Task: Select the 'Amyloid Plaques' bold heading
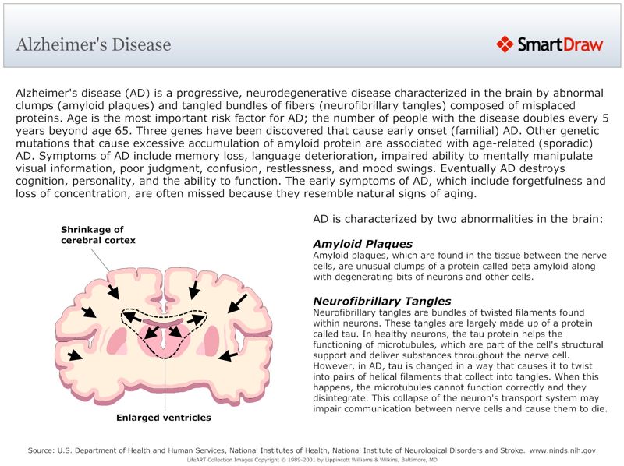click(363, 244)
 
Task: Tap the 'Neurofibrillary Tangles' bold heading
click(381, 301)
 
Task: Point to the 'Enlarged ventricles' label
click(164, 418)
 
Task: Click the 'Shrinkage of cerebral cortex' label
click(98, 235)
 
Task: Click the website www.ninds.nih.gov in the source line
click(562, 450)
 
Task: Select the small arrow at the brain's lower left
click(74, 355)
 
